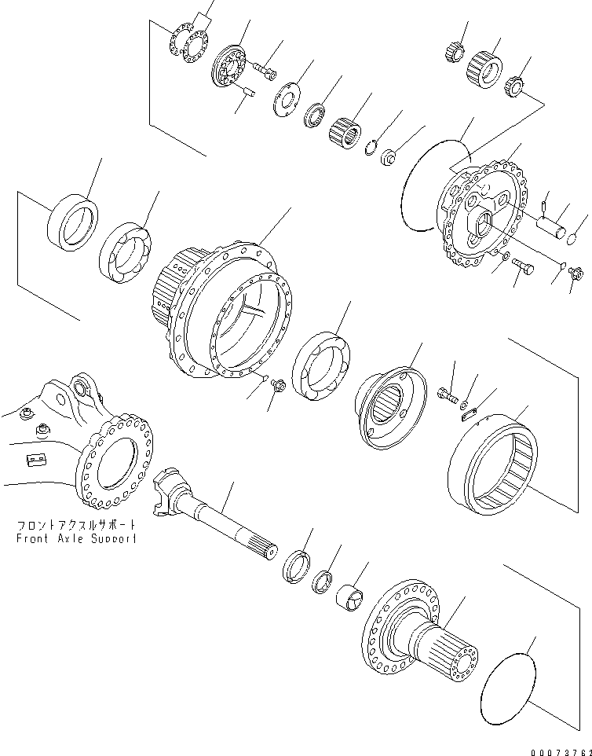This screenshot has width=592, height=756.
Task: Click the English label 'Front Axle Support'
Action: (x=76, y=538)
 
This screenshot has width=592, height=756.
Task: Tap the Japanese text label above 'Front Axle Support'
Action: (x=76, y=524)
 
